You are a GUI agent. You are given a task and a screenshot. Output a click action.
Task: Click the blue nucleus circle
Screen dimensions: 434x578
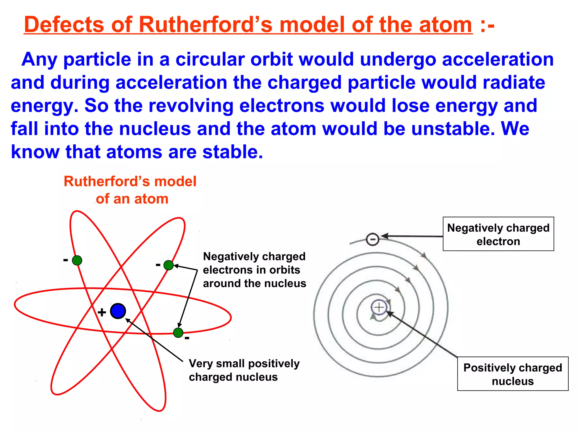(x=118, y=311)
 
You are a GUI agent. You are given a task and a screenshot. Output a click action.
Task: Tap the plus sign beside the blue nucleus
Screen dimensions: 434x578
(x=102, y=313)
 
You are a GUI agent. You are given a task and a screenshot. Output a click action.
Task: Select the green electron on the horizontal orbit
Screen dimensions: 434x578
(x=178, y=333)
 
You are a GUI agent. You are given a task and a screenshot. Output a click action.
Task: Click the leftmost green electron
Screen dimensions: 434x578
(x=77, y=260)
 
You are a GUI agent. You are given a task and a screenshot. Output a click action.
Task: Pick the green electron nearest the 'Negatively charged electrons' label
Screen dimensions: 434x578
(x=168, y=265)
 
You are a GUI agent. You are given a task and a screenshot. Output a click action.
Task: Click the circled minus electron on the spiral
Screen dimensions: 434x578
(x=373, y=239)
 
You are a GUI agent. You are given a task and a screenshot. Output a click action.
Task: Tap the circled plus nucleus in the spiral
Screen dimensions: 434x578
(x=379, y=307)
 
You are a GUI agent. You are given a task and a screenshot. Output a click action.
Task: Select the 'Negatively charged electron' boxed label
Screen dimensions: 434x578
(x=498, y=234)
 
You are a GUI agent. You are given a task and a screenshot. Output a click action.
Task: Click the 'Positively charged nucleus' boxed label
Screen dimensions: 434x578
(x=513, y=374)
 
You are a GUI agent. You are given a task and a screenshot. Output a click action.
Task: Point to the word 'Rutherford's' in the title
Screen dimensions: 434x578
(x=205, y=25)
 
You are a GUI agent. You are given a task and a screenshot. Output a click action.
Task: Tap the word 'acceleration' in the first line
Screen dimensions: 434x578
(x=498, y=59)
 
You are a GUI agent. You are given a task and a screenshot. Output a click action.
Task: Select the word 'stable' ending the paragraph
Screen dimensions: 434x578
(x=232, y=152)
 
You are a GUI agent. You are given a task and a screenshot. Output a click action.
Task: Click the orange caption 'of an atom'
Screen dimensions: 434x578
(x=132, y=199)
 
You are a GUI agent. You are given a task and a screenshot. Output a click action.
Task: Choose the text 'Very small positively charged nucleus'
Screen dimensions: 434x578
(x=244, y=370)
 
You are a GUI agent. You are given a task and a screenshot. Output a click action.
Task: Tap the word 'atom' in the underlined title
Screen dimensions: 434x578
(x=445, y=25)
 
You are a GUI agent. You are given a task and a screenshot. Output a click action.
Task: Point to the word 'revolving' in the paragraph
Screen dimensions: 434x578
(x=191, y=106)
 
